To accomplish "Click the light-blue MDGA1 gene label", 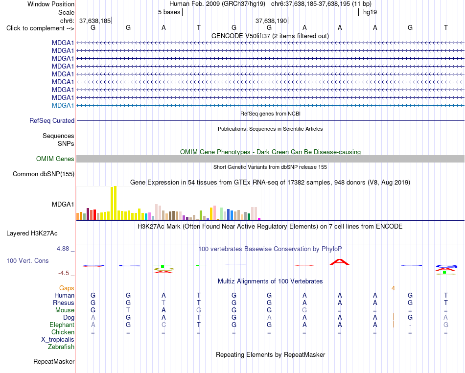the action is pyautogui.click(x=63, y=106).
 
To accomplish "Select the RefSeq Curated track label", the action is pyautogui.click(x=52, y=121).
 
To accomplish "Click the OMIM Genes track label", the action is pyautogui.click(x=55, y=159).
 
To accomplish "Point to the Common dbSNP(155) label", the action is pyautogui.click(x=44, y=174).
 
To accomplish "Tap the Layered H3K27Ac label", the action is pyautogui.click(x=32, y=233).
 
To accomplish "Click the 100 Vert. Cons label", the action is pyautogui.click(x=27, y=260).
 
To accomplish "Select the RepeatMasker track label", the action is pyautogui.click(x=54, y=361).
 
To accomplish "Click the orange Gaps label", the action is pyautogui.click(x=67, y=288).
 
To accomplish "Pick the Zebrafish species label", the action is pyautogui.click(x=61, y=347).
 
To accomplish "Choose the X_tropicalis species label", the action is pyautogui.click(x=58, y=340).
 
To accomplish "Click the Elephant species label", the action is pyautogui.click(x=62, y=325).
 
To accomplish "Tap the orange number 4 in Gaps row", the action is pyautogui.click(x=393, y=288).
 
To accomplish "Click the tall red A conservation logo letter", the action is pyautogui.click(x=340, y=262).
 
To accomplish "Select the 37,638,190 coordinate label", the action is pyautogui.click(x=271, y=21).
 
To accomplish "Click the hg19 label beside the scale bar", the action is pyautogui.click(x=370, y=12).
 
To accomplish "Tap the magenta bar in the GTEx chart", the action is pyautogui.click(x=259, y=219).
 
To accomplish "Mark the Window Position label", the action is pyautogui.click(x=51, y=4).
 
